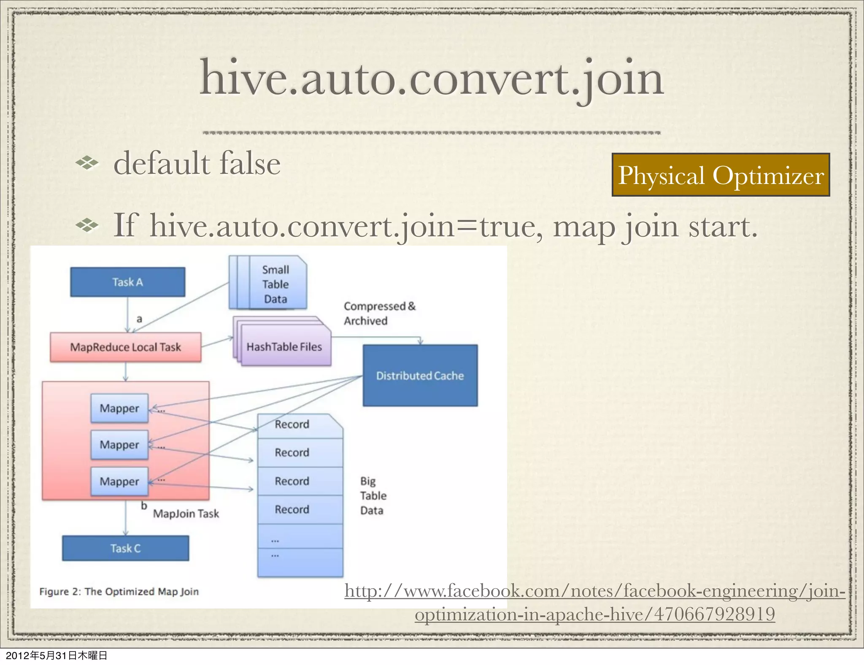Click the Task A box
127,282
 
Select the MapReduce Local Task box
125,347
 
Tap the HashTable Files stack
284,347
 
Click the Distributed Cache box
420,376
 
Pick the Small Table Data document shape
275,284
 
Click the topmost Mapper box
119,408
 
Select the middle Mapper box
119,445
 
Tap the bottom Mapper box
119,481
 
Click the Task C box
125,548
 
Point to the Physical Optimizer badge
721,175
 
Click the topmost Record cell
292,424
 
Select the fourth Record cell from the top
292,510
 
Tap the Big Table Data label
373,496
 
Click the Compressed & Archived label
379,314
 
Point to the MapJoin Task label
186,514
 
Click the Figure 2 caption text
119,592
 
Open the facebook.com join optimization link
594,602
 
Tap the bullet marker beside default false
87,163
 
